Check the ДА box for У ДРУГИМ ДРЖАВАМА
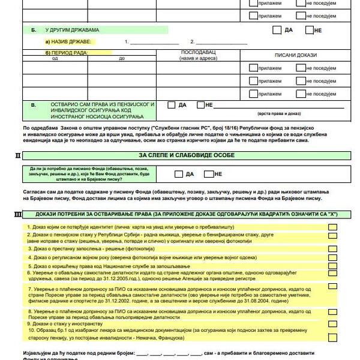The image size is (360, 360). coord(277,29)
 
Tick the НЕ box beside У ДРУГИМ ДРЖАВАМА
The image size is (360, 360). coord(309,29)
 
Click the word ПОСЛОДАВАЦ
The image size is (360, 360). coord(197,53)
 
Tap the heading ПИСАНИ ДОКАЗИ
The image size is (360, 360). coord(295,55)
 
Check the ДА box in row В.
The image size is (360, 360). coord(172,105)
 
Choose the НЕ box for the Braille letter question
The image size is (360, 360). coord(208,174)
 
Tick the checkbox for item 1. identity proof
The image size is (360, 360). coord(332,227)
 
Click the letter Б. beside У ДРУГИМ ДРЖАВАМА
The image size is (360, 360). coord(34,29)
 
